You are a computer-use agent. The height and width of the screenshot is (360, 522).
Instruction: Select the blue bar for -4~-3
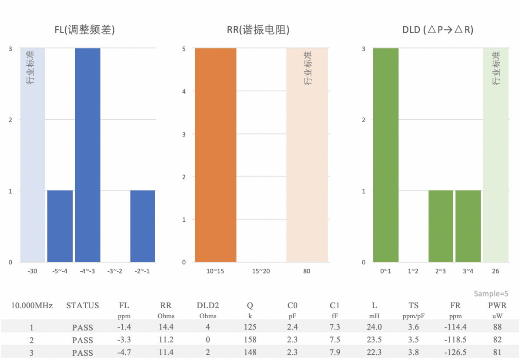87,155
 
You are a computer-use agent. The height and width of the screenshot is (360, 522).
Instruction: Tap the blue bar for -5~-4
60,226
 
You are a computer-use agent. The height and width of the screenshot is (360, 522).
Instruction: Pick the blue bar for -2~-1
143,226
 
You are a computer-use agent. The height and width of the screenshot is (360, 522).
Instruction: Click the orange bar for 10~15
215,155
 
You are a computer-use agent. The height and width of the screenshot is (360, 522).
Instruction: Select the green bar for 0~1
386,155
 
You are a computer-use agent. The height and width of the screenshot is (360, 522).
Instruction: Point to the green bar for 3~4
468,226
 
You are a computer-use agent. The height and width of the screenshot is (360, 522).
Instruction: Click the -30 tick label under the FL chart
33,271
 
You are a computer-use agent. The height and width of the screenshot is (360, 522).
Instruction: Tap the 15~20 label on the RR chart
261,271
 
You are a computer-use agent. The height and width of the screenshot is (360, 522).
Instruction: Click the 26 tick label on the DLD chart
495,271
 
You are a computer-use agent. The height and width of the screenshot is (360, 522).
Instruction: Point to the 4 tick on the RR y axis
184,91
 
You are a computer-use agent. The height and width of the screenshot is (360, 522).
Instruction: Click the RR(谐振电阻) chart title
258,30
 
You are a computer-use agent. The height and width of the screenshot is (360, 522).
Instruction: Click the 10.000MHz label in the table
32,306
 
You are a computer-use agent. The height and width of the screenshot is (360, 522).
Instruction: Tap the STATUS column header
83,306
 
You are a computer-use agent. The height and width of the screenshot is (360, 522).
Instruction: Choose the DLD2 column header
207,306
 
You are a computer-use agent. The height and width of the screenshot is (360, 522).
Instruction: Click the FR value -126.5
455,352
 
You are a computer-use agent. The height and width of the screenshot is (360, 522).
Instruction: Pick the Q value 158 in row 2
250,340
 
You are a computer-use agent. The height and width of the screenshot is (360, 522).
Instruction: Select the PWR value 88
498,327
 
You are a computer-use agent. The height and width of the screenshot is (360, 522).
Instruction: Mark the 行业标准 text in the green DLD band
496,68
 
